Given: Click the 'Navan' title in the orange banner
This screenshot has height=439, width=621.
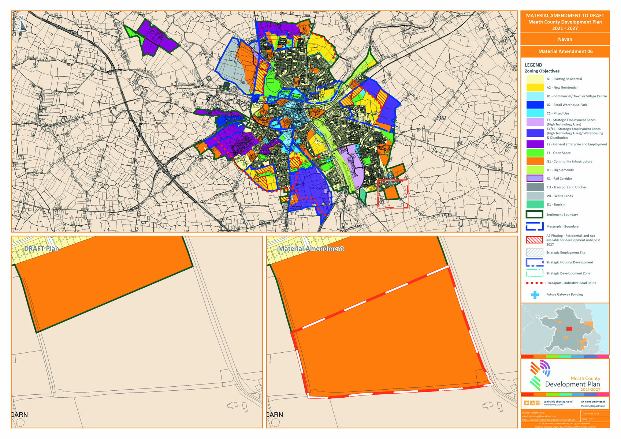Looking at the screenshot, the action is coord(565,39).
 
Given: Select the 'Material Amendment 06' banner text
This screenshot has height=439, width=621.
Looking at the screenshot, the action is coord(565,51).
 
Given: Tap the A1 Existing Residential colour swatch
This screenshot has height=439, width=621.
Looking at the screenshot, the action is coord(535,79).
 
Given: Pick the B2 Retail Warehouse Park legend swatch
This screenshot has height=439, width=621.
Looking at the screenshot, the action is coord(535,105).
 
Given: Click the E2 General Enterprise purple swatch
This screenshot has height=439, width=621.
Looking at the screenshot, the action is coord(535,144).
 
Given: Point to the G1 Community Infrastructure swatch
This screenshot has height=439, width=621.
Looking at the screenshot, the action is coord(535,161).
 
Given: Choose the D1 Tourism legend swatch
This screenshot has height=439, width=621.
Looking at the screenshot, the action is coord(535,205).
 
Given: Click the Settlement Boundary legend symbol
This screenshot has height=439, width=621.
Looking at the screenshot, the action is coord(534,215).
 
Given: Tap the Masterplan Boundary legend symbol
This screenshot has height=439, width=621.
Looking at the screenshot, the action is coord(534,226).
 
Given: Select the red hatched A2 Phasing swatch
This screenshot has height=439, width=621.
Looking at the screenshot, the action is coord(534,240).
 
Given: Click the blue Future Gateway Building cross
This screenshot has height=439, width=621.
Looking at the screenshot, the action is coord(535,294).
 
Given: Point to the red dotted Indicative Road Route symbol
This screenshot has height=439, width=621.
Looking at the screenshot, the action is coord(535,283).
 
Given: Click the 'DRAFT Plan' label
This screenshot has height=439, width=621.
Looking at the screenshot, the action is coord(41,249).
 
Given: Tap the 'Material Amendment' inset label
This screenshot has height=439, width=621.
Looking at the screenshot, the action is coord(310,249).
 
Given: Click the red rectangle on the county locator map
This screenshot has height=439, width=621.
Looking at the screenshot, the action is coord(569,329).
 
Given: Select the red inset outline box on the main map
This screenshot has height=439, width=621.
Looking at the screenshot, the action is coord(393,194).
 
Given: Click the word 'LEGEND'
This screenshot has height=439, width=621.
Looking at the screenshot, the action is coord(533,65).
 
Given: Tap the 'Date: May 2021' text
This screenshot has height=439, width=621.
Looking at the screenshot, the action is coord(590,413).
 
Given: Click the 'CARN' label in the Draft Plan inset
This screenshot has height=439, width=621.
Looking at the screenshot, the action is coord(19,414).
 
